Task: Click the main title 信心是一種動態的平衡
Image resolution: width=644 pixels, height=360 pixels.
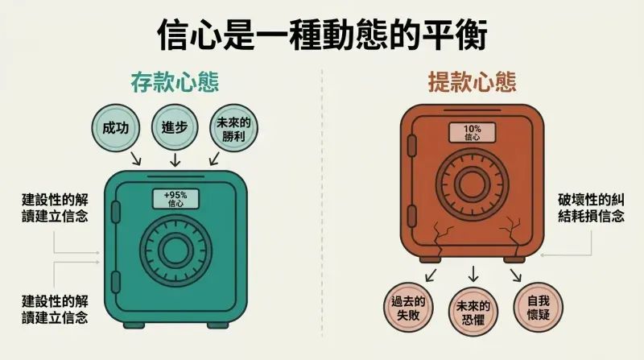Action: tap(323, 34)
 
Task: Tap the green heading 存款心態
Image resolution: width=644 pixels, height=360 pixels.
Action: tap(175, 82)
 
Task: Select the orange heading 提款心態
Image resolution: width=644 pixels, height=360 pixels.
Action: tap(473, 81)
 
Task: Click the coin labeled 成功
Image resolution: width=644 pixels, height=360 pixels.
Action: tap(116, 128)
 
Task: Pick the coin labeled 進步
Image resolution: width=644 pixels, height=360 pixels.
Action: tap(175, 128)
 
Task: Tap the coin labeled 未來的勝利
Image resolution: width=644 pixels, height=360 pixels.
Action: tap(233, 128)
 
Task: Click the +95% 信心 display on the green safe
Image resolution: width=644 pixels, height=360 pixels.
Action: tap(175, 199)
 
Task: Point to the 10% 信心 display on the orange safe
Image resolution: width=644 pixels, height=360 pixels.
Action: tap(473, 133)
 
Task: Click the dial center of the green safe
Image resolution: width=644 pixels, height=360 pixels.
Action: tap(175, 250)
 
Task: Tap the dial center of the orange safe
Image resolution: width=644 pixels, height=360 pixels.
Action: tap(473, 184)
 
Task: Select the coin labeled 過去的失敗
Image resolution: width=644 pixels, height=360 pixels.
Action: tap(408, 308)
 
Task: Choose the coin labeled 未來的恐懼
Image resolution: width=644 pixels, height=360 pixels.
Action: tap(473, 312)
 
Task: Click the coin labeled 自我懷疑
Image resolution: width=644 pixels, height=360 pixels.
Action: tap(539, 308)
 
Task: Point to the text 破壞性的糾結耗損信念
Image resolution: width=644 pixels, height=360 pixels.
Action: tap(591, 209)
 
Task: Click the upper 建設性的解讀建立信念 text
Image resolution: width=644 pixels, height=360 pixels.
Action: tap(55, 209)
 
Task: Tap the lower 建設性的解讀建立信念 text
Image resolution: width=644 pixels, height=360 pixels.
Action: tap(55, 309)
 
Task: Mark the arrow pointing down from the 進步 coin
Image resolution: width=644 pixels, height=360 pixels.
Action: tap(175, 159)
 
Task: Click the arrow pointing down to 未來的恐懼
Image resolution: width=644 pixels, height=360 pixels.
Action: tap(473, 274)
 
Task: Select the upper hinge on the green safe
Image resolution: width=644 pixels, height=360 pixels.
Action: tap(116, 212)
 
